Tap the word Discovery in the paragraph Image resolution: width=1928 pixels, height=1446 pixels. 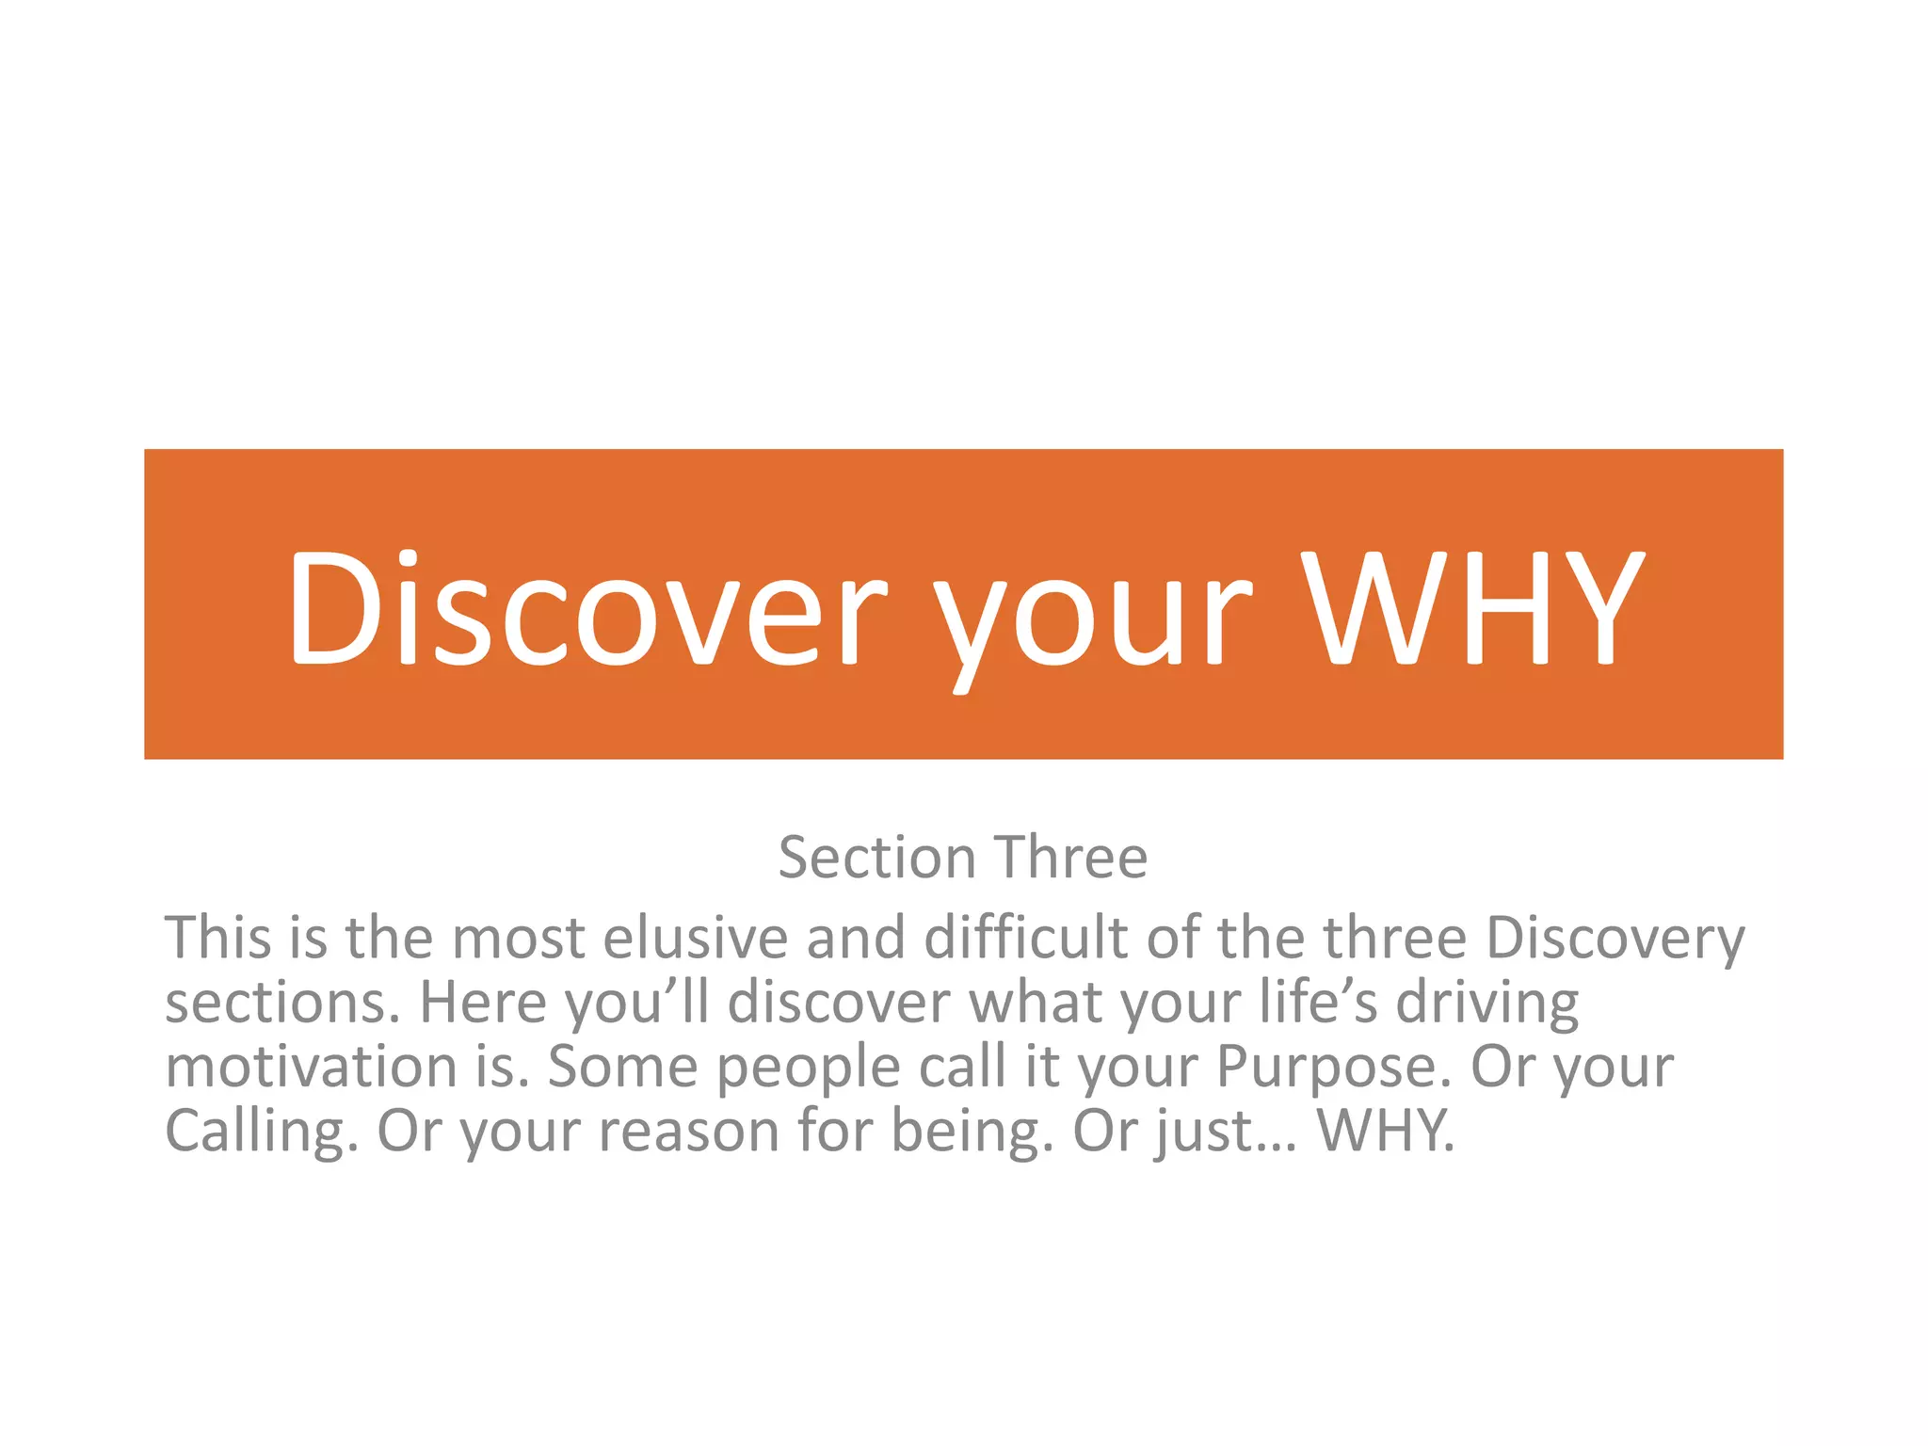click(1615, 940)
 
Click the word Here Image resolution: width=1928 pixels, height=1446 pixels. click(482, 1002)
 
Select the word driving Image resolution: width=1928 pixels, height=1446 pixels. click(1486, 1004)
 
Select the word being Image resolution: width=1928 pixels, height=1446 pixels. click(972, 1132)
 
